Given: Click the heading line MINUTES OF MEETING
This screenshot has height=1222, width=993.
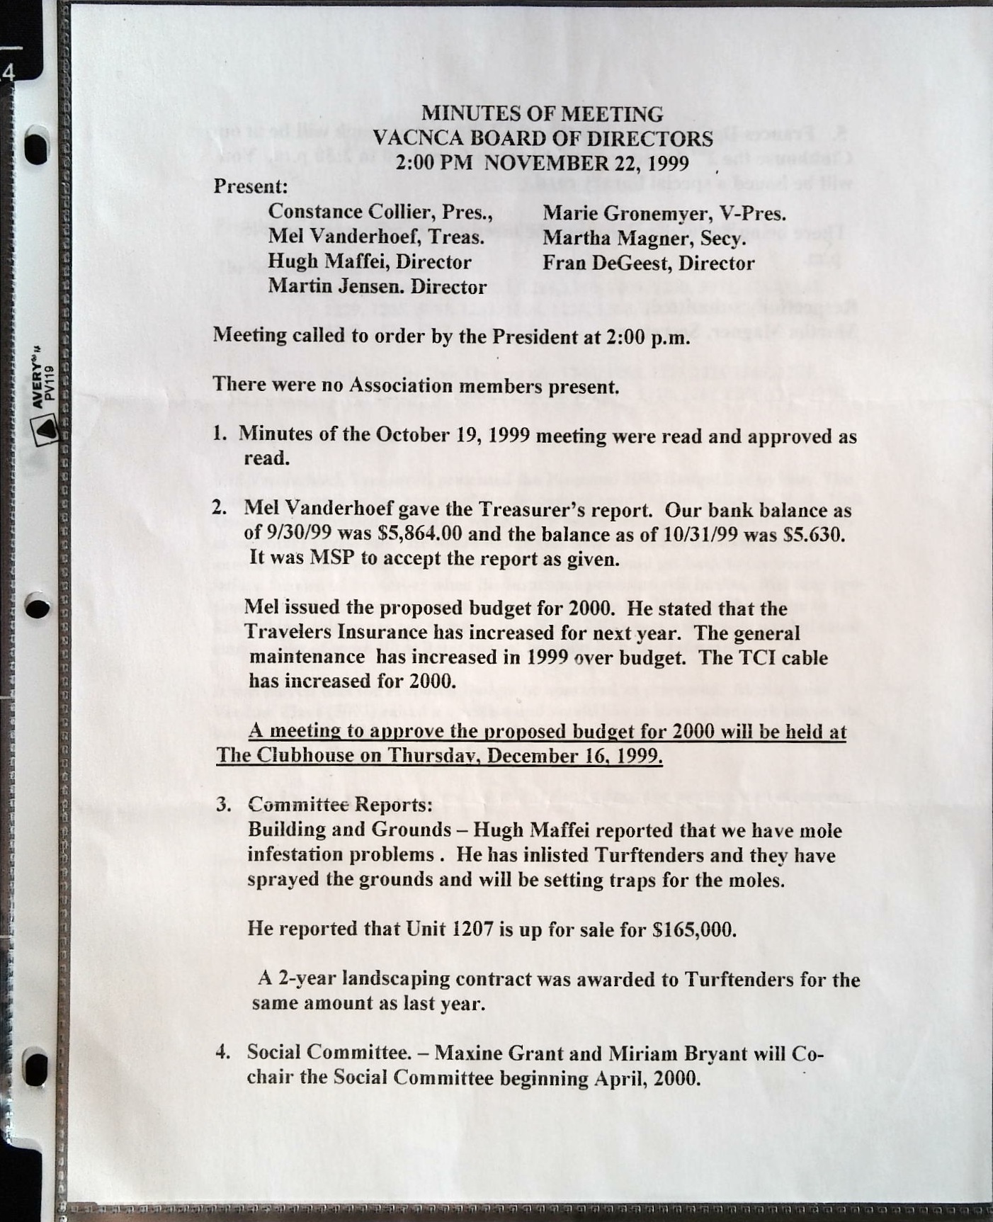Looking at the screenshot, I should [x=543, y=114].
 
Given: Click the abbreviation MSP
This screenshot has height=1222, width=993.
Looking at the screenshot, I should [x=333, y=558].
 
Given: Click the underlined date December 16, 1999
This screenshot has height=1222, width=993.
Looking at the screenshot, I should [x=574, y=756].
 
